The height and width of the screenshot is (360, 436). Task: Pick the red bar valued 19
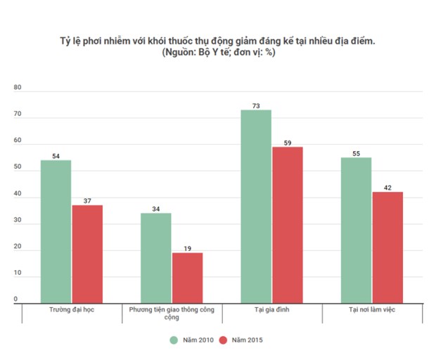[187, 278]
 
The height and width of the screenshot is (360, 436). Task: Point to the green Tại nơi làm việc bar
[356, 231]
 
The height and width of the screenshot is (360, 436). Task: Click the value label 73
[256, 105]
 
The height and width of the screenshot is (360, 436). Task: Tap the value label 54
[56, 156]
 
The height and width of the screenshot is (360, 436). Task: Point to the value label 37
[87, 201]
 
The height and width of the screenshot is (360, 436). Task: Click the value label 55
[356, 153]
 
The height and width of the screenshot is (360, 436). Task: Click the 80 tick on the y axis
[18, 88]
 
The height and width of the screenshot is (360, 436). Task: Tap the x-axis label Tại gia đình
[271, 309]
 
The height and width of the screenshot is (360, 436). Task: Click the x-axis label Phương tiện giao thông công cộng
[172, 312]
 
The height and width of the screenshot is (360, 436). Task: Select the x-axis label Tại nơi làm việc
[372, 309]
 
